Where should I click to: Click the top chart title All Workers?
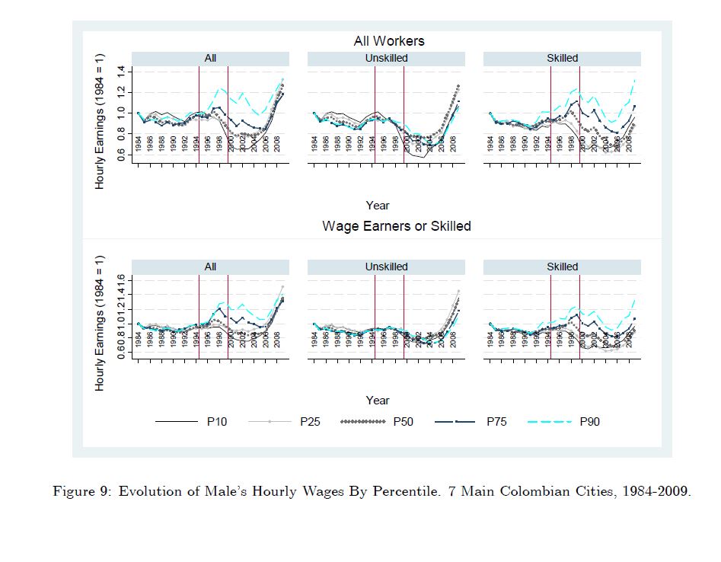pyautogui.click(x=388, y=40)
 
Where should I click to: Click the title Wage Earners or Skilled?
pyautogui.click(x=396, y=226)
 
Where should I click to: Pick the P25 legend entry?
pyautogui.click(x=309, y=421)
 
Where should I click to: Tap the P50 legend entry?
pyautogui.click(x=403, y=421)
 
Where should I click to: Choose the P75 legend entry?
pyautogui.click(x=496, y=421)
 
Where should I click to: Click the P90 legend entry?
pyautogui.click(x=589, y=421)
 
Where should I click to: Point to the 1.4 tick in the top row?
pyautogui.click(x=121, y=72)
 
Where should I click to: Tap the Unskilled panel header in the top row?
pyautogui.click(x=386, y=58)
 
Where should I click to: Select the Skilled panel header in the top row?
pyautogui.click(x=562, y=58)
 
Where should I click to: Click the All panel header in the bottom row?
pyautogui.click(x=210, y=267)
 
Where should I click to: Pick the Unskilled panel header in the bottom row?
pyautogui.click(x=386, y=267)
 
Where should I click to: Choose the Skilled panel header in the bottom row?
pyautogui.click(x=562, y=267)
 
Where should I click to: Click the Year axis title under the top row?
pyautogui.click(x=378, y=205)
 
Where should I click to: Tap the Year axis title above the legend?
pyautogui.click(x=378, y=400)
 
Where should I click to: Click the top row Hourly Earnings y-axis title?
pyautogui.click(x=100, y=122)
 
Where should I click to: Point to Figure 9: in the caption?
pyautogui.click(x=81, y=491)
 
